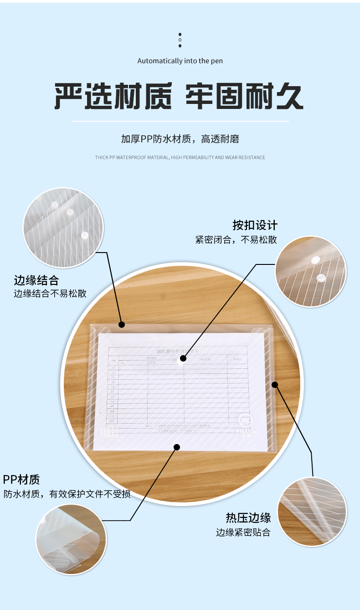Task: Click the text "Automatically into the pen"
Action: pyautogui.click(x=180, y=61)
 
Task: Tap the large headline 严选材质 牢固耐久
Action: pyautogui.click(x=179, y=96)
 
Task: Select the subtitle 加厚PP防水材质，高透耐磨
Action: pyautogui.click(x=180, y=139)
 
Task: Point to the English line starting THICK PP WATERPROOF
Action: pyautogui.click(x=180, y=158)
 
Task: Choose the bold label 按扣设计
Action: pyautogui.click(x=255, y=225)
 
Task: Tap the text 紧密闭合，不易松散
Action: pyautogui.click(x=236, y=240)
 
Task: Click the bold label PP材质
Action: pyautogui.click(x=21, y=479)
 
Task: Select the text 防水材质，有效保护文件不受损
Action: pyautogui.click(x=67, y=494)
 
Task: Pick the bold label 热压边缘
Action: pyautogui.click(x=248, y=518)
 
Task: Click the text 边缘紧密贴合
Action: pyautogui.click(x=243, y=532)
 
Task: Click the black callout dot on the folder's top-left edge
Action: pyautogui.click(x=122, y=325)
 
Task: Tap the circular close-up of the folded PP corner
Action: pyautogui.click(x=71, y=539)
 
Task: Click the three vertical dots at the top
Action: pyautogui.click(x=180, y=40)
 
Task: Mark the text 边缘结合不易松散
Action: pyautogui.click(x=50, y=294)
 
